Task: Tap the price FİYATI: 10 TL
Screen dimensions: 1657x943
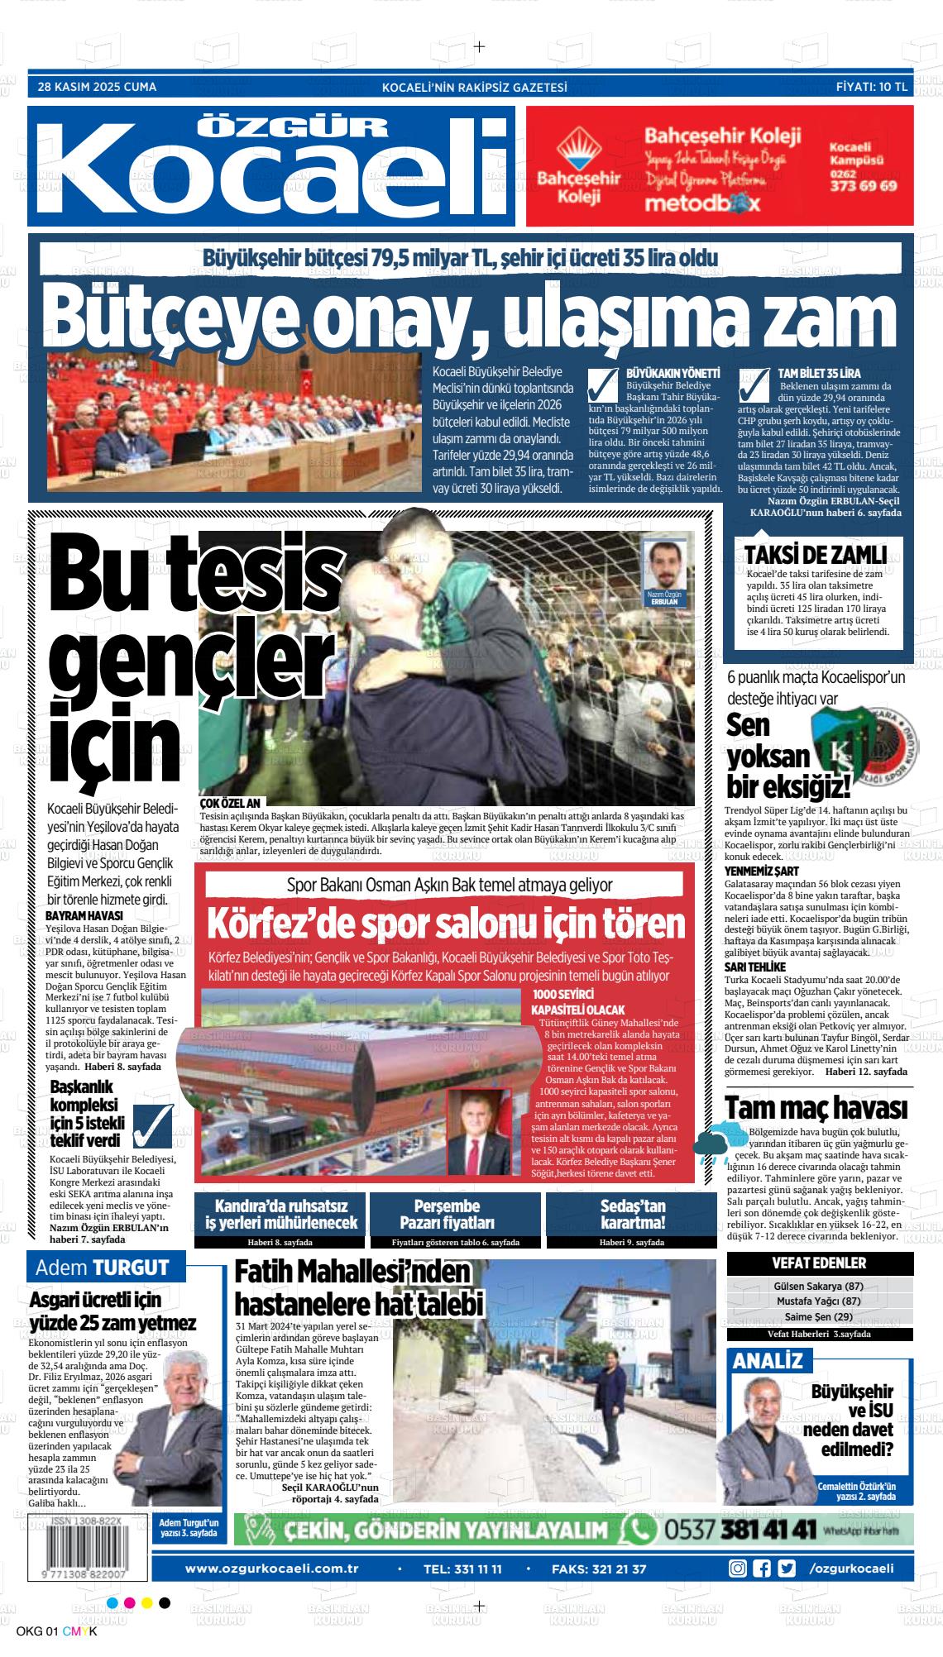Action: (872, 87)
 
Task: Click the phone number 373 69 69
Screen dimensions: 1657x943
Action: (863, 186)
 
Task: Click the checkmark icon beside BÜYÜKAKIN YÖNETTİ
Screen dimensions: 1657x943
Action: (604, 386)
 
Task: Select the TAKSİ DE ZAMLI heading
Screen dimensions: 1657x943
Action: (815, 554)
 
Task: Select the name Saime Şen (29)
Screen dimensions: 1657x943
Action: (818, 1317)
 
